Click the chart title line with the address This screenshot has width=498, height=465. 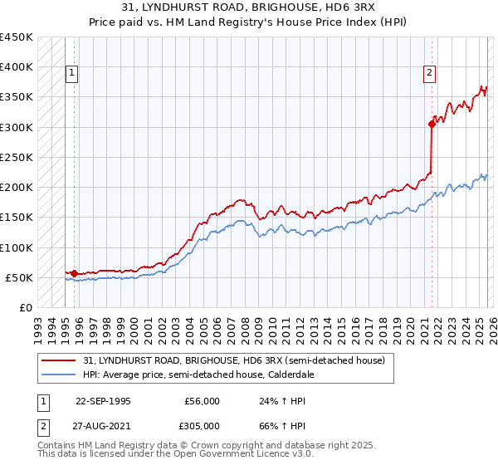click(x=264, y=8)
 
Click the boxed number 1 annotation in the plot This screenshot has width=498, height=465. click(x=72, y=73)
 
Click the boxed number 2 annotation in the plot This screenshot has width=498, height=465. click(x=430, y=73)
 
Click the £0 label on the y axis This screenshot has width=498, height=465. click(x=27, y=307)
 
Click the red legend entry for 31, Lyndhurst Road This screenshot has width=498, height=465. click(x=233, y=361)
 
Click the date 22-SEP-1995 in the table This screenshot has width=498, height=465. click(x=103, y=400)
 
